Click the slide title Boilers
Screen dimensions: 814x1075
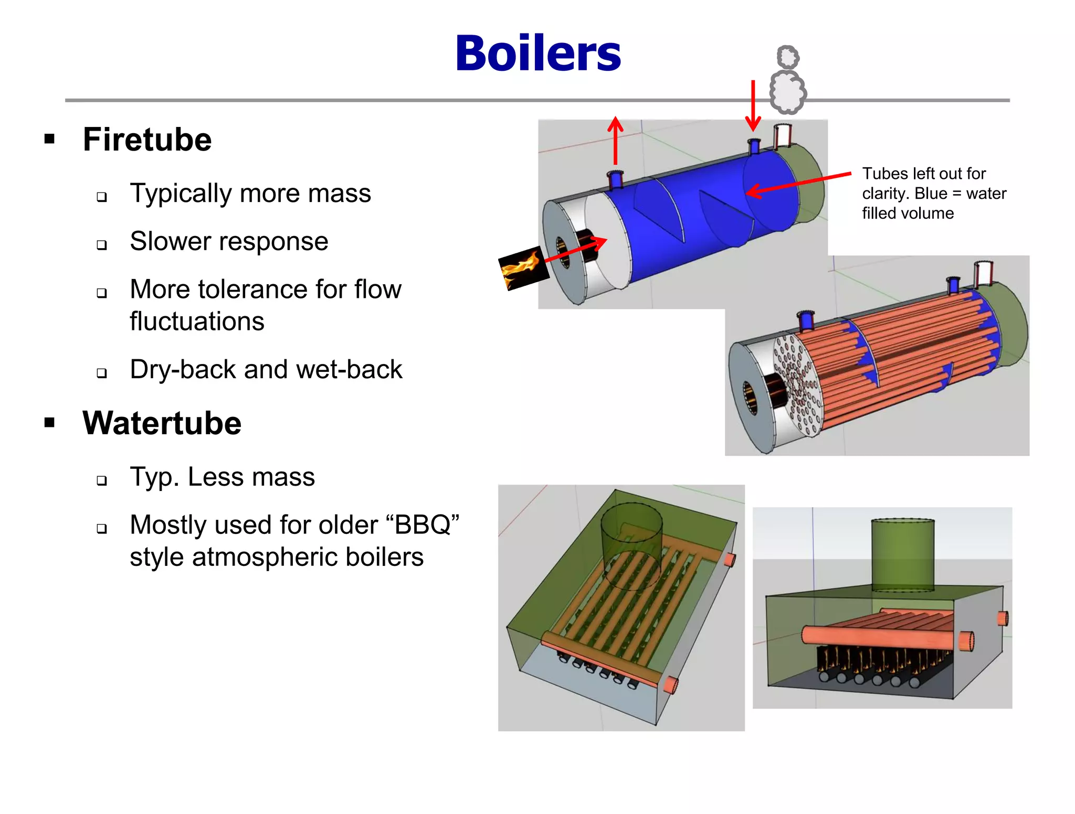pyautogui.click(x=538, y=53)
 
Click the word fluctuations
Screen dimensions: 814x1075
pyautogui.click(x=197, y=321)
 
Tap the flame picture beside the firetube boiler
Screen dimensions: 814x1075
pyautogui.click(x=522, y=268)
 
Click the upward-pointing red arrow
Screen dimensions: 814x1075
pyautogui.click(x=615, y=142)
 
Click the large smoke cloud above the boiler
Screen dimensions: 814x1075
pyautogui.click(x=787, y=92)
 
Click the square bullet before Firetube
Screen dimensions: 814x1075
pyautogui.click(x=50, y=139)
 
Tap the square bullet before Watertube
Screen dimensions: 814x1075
pyautogui.click(x=50, y=423)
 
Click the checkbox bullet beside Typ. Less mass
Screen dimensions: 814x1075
pyautogui.click(x=102, y=480)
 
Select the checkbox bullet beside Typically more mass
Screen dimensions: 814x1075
pyautogui.click(x=102, y=197)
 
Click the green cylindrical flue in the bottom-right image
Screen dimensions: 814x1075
pyautogui.click(x=903, y=555)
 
